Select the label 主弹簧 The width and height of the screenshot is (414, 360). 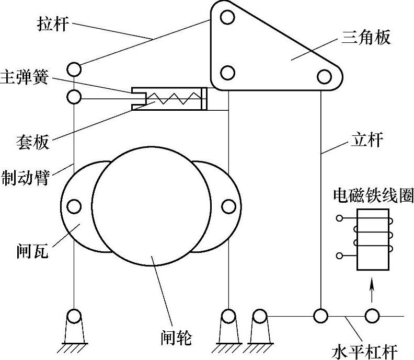tap(25, 78)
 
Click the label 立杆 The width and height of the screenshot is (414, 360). tap(365, 140)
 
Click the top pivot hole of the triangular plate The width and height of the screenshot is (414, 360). tap(227, 18)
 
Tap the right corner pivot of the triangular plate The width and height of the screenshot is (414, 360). tap(325, 77)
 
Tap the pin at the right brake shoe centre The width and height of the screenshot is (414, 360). tap(228, 206)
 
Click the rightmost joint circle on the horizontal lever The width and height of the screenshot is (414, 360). tap(372, 316)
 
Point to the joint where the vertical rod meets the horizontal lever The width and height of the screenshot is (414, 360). tap(320, 316)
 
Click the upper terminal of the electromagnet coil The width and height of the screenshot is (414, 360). tap(340, 217)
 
